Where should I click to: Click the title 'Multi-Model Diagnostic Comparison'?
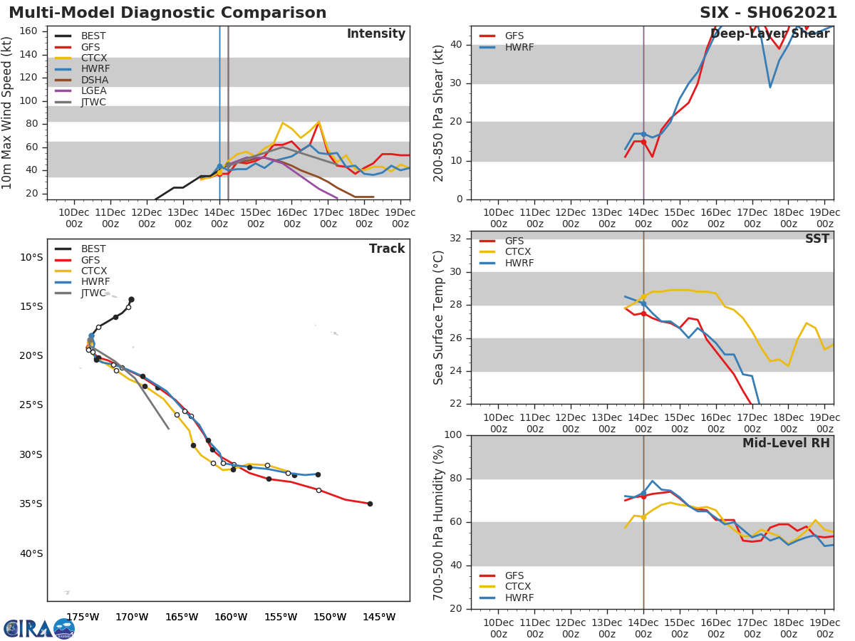(167, 13)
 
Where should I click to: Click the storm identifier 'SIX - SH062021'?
(768, 13)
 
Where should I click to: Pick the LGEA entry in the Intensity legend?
(93, 91)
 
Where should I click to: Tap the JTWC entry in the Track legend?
(93, 293)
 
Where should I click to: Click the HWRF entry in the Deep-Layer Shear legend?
(519, 47)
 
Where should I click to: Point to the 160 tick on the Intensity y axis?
(28, 31)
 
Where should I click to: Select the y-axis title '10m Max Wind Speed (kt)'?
(9, 113)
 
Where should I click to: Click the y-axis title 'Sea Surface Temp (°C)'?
(440, 318)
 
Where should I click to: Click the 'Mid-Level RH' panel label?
(786, 443)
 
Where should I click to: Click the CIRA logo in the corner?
(39, 628)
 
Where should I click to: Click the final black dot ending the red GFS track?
(370, 504)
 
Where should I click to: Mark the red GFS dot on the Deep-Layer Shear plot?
(643, 142)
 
